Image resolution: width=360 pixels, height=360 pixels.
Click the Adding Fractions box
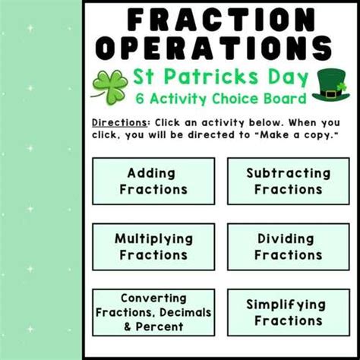click(x=153, y=181)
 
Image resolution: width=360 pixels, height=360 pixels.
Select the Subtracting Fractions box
click(x=288, y=181)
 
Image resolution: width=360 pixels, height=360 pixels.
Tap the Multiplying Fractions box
click(x=153, y=247)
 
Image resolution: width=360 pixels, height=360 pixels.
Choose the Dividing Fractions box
click(x=288, y=247)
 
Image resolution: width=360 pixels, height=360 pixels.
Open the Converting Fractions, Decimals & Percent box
click(x=153, y=312)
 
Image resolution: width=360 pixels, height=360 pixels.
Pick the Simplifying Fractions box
click(x=288, y=312)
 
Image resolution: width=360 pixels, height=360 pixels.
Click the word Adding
click(x=153, y=173)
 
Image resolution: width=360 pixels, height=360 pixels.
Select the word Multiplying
click(x=153, y=238)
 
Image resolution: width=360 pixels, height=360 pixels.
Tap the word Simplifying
click(x=288, y=304)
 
